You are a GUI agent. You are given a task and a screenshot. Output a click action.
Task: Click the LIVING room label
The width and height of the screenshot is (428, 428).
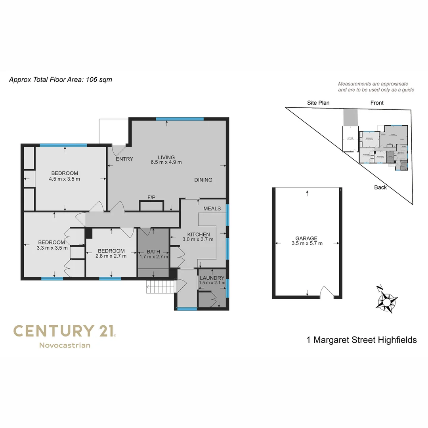point(166,157)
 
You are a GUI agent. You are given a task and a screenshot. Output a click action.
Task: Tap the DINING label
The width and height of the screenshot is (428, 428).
point(203,180)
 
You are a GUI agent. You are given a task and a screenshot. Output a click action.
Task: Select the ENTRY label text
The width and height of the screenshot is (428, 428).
point(124,159)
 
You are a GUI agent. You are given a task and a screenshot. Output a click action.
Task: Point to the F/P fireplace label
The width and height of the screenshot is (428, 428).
point(151,197)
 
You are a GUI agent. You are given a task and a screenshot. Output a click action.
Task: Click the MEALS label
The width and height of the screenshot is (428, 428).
point(212,208)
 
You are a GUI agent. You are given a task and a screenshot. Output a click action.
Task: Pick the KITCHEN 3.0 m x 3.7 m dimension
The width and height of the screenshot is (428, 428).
point(198,239)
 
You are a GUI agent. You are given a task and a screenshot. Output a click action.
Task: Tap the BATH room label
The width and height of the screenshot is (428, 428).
point(154,251)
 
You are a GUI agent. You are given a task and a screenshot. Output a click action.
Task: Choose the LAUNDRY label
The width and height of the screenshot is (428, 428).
point(212,278)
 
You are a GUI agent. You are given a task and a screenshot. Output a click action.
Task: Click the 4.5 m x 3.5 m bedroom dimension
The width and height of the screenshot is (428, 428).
point(65,179)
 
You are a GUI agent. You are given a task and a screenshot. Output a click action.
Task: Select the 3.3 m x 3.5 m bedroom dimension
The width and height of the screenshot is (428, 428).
point(51,248)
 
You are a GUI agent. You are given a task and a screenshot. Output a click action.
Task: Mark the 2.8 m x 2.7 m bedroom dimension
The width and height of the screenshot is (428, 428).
point(111,256)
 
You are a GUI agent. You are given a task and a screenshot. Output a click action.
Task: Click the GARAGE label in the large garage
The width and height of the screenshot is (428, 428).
point(306,238)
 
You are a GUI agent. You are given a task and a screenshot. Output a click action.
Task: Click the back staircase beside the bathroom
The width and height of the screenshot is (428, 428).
point(160,287)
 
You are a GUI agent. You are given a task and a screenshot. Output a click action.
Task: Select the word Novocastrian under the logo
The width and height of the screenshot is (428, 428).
point(65,345)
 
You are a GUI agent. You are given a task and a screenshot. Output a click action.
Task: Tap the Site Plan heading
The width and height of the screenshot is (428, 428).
point(318,103)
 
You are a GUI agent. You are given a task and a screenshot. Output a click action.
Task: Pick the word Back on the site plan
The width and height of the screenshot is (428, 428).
point(380,187)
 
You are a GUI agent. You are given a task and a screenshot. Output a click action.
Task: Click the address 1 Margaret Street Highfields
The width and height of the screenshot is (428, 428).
point(361,340)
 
